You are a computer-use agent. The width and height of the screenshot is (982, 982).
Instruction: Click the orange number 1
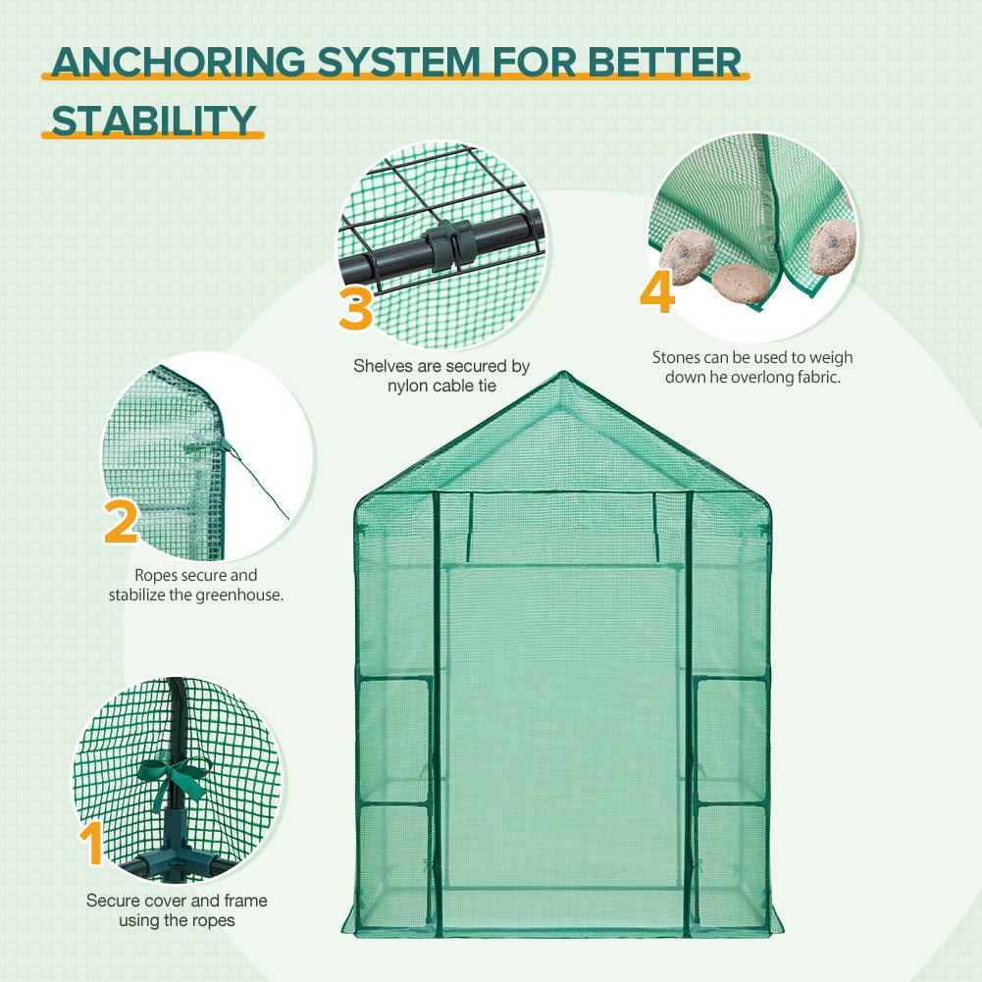click(92, 844)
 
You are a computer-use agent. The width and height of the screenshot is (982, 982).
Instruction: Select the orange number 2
click(121, 520)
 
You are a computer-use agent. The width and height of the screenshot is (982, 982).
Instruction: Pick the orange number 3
click(356, 308)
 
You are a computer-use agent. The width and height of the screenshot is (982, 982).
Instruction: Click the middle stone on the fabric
click(737, 282)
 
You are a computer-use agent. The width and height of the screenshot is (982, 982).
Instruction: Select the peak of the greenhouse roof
click(563, 375)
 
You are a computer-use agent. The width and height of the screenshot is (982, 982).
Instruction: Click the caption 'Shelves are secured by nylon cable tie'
click(441, 376)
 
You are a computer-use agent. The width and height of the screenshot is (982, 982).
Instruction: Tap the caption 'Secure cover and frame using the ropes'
click(177, 910)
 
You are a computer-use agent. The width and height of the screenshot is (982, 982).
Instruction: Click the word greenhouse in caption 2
click(242, 594)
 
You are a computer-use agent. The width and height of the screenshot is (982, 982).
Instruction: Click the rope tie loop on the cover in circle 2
click(208, 445)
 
